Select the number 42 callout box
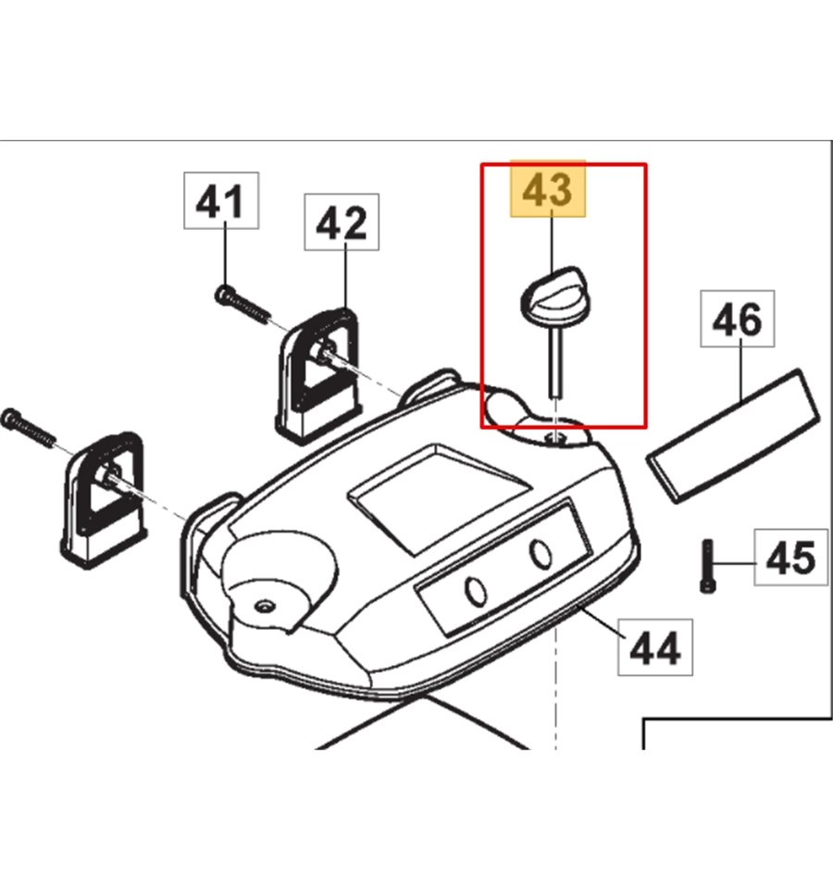342,222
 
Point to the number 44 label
655,647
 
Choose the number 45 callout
790,558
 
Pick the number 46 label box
738,320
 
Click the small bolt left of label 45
704,564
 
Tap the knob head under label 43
553,295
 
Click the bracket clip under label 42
317,370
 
